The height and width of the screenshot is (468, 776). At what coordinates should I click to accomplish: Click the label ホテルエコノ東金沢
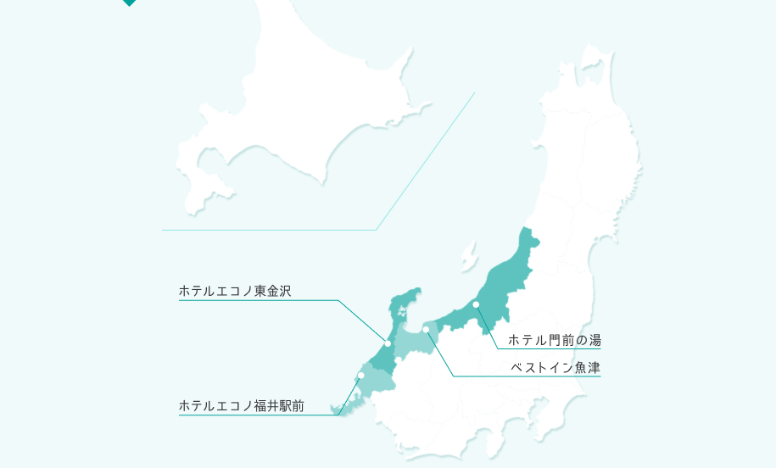tap(235, 291)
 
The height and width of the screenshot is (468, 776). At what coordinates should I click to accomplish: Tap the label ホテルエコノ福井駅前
tap(241, 405)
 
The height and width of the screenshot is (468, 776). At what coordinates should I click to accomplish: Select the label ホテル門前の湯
tap(554, 340)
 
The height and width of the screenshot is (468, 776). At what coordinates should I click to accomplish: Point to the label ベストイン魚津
tap(555, 368)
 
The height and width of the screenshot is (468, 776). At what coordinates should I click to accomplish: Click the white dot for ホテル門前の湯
tap(476, 304)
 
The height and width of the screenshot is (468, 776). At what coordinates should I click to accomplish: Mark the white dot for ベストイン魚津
tap(426, 329)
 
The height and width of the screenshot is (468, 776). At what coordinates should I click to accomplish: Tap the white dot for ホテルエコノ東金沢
tap(388, 343)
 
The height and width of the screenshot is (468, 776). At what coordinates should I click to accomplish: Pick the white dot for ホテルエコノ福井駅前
tap(360, 375)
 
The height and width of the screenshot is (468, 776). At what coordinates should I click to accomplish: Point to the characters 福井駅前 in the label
tap(279, 405)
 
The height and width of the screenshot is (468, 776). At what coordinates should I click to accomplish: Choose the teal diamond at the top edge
tap(129, 3)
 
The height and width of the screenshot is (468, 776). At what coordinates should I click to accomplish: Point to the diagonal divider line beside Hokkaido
tap(424, 161)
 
